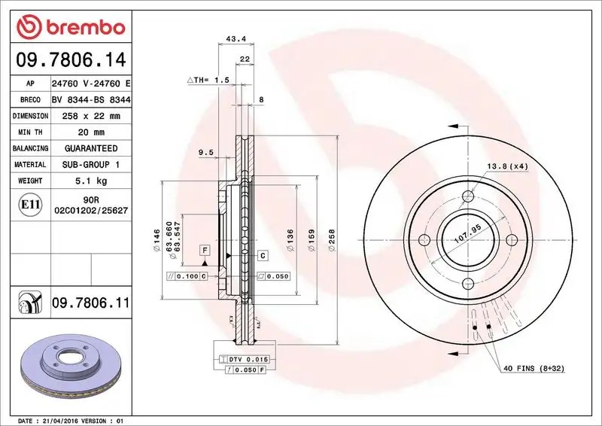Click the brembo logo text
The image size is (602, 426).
coord(81,28)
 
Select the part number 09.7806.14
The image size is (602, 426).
coord(69,59)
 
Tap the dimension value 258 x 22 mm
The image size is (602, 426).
coord(90,116)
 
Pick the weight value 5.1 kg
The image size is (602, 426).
coord(90,181)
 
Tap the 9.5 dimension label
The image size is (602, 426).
coord(205,153)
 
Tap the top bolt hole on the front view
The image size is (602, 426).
coord(467,196)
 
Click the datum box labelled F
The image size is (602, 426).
coord(204,249)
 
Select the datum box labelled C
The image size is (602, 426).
coord(262,255)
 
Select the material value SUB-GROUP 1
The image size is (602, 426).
coord(90,164)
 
